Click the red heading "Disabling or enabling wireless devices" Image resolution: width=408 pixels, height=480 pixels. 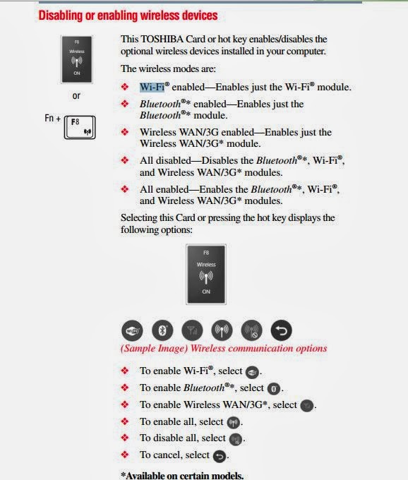(128, 15)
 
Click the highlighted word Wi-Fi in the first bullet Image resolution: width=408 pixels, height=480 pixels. (151, 87)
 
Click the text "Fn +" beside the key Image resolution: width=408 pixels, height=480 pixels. (53, 119)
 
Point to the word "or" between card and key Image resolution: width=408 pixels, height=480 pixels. (76, 96)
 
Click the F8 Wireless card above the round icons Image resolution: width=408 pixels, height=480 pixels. (205, 273)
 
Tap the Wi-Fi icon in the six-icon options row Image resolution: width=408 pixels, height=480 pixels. (132, 330)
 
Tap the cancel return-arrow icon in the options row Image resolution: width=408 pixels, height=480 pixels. (281, 330)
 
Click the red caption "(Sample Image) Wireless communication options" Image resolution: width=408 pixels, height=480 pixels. (224, 348)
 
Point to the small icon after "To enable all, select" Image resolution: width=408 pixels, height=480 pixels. (233, 422)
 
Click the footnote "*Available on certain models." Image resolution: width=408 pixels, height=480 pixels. (182, 475)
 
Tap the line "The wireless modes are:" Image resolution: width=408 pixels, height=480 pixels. (168, 68)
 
